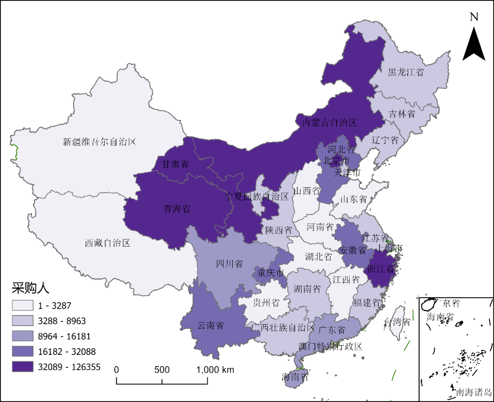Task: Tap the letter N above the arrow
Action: [x=474, y=17]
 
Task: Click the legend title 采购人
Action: [x=30, y=288]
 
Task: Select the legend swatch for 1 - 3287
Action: [x=22, y=305]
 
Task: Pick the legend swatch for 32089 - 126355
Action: [x=22, y=367]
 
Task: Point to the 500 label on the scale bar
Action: [x=162, y=370]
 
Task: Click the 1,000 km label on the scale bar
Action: [x=215, y=370]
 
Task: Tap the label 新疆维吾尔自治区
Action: [x=99, y=142]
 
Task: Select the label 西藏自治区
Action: [x=107, y=243]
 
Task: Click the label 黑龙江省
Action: [x=406, y=72]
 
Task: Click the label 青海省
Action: [x=177, y=209]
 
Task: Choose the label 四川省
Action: [x=229, y=264]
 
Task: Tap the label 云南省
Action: [x=210, y=326]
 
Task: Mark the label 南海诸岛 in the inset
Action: [x=474, y=392]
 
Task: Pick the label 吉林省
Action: [x=402, y=114]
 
